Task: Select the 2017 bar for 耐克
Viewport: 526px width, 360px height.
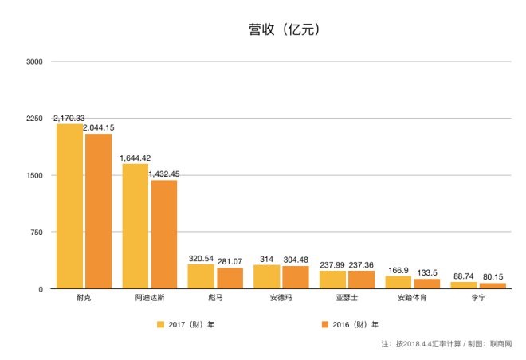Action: (x=69, y=206)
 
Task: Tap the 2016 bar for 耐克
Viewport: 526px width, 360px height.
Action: (x=98, y=211)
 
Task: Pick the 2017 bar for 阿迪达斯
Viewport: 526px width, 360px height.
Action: (x=135, y=226)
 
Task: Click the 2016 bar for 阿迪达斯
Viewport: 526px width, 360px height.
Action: (x=163, y=234)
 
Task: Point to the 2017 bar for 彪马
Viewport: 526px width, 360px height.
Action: (x=201, y=276)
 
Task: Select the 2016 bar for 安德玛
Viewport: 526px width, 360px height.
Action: (x=296, y=277)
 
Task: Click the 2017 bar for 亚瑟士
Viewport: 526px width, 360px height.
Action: (x=332, y=280)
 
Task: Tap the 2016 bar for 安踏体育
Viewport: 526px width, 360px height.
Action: (x=427, y=284)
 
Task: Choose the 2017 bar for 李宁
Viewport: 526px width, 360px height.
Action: (x=464, y=285)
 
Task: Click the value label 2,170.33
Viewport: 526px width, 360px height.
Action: (x=69, y=118)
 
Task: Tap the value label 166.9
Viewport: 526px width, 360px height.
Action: (x=398, y=269)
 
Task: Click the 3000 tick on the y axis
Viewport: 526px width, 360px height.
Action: (x=36, y=61)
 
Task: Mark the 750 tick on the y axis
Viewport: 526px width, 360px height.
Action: (x=38, y=232)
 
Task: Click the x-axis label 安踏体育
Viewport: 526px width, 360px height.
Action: (x=413, y=297)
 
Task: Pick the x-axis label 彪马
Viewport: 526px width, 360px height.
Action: (x=215, y=297)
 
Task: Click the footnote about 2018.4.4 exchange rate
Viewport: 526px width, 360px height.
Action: (x=446, y=344)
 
